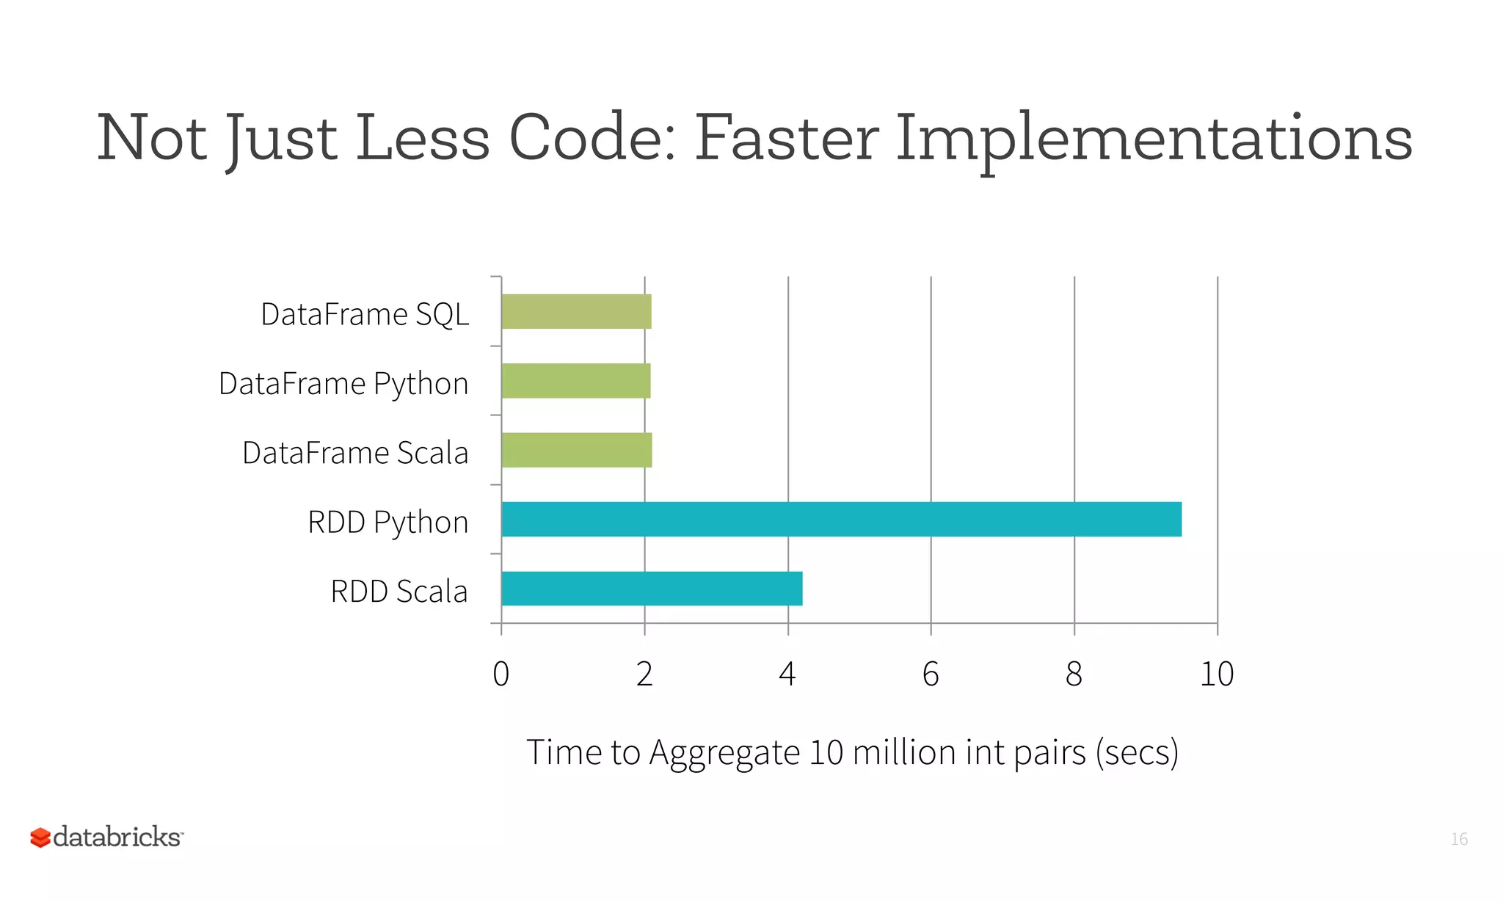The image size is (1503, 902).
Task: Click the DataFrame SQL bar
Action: point(576,311)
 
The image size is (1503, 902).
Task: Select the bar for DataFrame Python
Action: point(576,381)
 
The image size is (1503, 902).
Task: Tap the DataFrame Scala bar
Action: point(576,450)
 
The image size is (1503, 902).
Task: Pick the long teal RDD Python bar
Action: point(841,519)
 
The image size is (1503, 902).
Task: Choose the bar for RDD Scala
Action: point(652,589)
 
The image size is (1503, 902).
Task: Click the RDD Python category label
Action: point(387,523)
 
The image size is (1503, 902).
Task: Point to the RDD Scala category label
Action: point(399,592)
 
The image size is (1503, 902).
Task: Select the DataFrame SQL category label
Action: point(365,314)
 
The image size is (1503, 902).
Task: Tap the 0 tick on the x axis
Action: point(501,674)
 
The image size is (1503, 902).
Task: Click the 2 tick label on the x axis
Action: point(644,674)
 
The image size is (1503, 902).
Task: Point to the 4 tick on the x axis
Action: point(787,674)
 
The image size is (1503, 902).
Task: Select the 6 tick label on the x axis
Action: point(931,674)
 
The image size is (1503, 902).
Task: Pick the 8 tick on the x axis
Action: point(1074,674)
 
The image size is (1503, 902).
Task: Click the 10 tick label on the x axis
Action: point(1217,674)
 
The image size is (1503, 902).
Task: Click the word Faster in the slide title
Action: point(786,138)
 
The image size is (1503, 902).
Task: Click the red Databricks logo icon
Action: point(40,837)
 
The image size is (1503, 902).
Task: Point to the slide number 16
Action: point(1459,839)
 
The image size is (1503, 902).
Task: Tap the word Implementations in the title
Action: point(1154,139)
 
